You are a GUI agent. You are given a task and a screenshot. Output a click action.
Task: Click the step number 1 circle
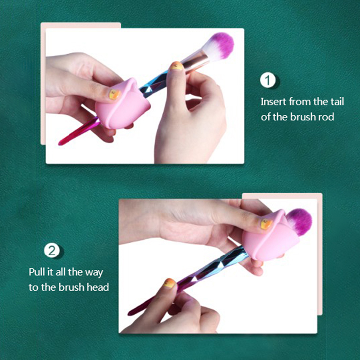(x=268, y=80)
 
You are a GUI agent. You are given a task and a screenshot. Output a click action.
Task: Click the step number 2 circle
(x=52, y=250)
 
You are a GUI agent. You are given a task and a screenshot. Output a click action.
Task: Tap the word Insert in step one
(x=273, y=101)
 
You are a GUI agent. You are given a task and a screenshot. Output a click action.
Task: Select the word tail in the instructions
(x=337, y=101)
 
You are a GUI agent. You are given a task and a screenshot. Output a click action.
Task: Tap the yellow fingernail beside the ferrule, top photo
(x=176, y=66)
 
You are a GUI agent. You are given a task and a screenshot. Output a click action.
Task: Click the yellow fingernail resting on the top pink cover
(x=115, y=94)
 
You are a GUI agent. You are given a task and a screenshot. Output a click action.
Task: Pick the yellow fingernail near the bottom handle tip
(x=170, y=283)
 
